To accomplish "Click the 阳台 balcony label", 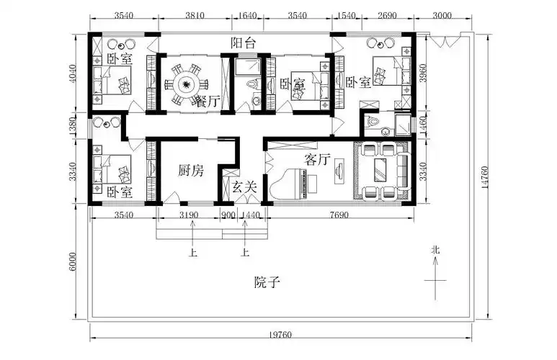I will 242,42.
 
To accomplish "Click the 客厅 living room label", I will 317,160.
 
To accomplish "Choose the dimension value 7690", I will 342,215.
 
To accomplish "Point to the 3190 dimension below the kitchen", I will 189,215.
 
